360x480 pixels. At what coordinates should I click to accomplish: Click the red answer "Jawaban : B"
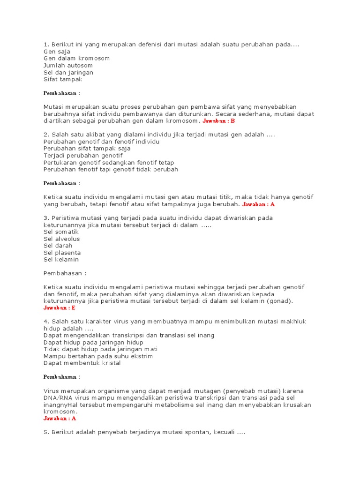(x=218, y=120)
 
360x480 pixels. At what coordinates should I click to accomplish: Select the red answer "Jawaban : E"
(x=59, y=308)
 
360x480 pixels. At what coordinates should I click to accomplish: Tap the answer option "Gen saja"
(x=56, y=51)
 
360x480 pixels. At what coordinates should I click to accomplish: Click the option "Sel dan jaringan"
(x=68, y=72)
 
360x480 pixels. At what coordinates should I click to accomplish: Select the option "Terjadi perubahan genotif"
(x=83, y=155)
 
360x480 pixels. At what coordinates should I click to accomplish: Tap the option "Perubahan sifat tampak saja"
(x=87, y=148)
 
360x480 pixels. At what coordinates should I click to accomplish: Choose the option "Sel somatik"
(x=61, y=232)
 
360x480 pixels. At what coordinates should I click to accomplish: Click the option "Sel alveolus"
(x=61, y=239)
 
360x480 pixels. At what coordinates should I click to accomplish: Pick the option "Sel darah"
(x=58, y=246)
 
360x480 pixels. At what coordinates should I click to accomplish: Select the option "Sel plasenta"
(x=62, y=253)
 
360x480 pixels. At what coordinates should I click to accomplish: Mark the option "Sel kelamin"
(x=61, y=259)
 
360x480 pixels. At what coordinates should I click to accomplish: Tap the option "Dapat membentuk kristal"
(x=82, y=363)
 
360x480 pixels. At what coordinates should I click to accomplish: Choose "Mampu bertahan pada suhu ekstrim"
(x=98, y=356)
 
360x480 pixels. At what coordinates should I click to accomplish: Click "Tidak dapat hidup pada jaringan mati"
(x=100, y=349)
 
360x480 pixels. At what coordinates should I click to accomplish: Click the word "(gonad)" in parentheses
(x=279, y=301)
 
